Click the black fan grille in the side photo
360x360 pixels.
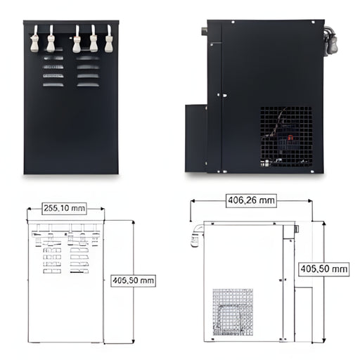click(x=286, y=137)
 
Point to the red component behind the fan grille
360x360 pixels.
click(x=290, y=138)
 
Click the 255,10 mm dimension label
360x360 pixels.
click(x=64, y=208)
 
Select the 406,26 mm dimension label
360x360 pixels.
click(x=251, y=200)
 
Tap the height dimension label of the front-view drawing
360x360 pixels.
click(x=133, y=281)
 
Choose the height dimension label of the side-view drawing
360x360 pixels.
click(x=324, y=269)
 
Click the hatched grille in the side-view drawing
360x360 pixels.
click(x=233, y=312)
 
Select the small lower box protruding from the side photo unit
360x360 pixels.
click(x=196, y=139)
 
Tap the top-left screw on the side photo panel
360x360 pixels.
click(x=233, y=22)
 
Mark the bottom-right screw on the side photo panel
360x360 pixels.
click(x=312, y=172)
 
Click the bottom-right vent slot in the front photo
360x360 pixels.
click(x=88, y=84)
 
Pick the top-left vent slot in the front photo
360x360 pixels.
click(x=53, y=58)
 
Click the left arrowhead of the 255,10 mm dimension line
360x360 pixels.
click(x=29, y=209)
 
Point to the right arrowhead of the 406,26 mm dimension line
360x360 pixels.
click(x=310, y=201)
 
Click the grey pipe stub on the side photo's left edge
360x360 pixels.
click(x=204, y=31)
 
